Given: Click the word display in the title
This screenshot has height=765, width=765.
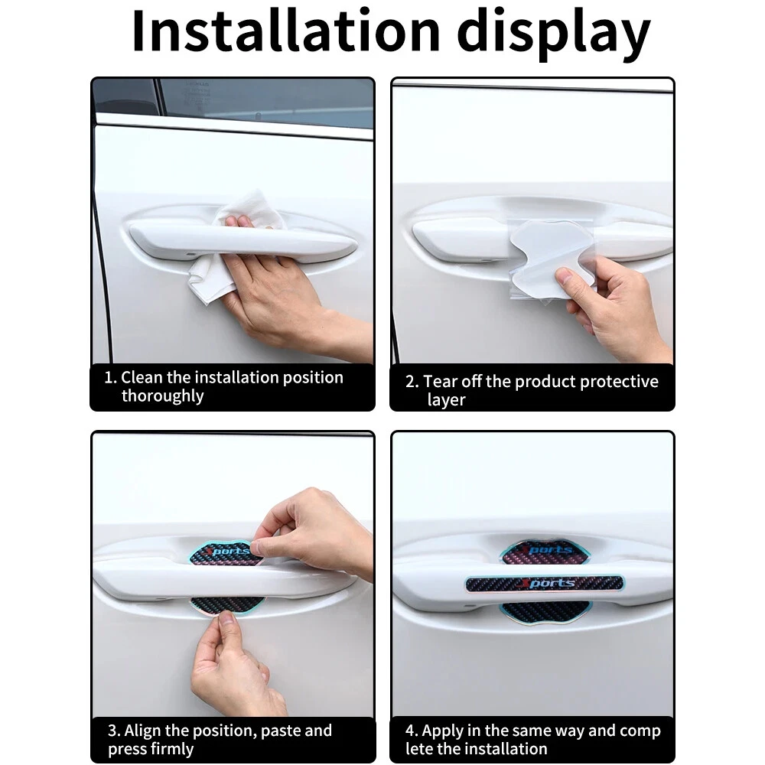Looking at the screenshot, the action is point(553,35).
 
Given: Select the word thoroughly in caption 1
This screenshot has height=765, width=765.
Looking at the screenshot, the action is point(162,396).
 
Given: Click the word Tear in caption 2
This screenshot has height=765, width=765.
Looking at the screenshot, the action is point(441,381).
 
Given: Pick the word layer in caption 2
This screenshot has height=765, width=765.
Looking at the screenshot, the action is point(446,400).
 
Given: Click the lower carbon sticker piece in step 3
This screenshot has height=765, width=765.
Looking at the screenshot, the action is point(226,605).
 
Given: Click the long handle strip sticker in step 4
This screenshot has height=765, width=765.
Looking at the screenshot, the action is point(545,584).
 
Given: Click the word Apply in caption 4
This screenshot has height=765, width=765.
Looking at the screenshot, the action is point(442,731).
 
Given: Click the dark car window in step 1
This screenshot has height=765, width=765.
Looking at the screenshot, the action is point(266,103).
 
